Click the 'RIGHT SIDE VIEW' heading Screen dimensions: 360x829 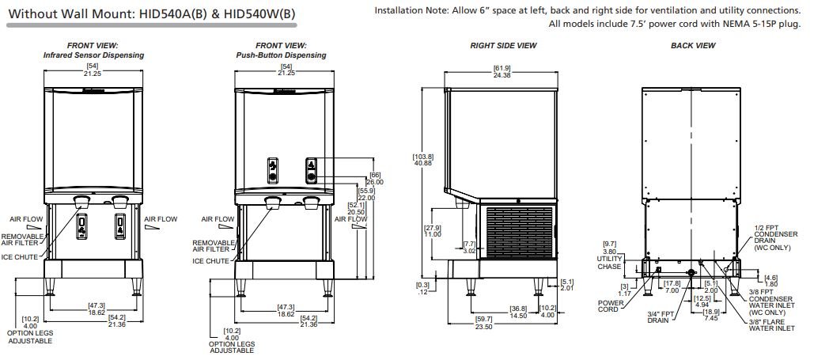pos(503,46)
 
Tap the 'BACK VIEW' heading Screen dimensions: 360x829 pos(693,46)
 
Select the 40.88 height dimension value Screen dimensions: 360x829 pos(425,162)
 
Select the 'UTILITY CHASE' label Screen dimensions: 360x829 pos(609,263)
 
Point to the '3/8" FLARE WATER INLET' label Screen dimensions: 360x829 pos(771,324)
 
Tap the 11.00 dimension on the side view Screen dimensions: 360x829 pos(433,234)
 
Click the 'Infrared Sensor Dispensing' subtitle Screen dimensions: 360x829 pos(93,56)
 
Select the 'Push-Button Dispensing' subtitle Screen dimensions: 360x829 pos(281,56)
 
